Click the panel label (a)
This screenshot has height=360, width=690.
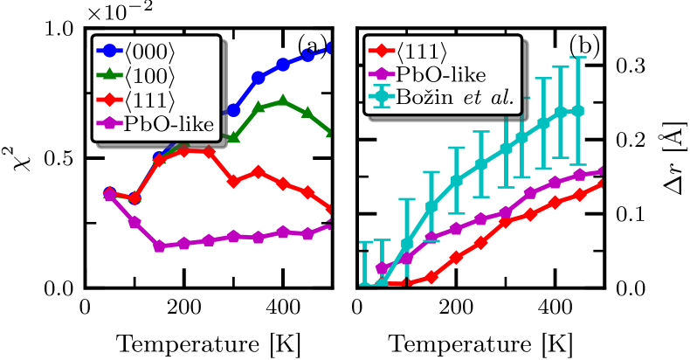(x=312, y=44)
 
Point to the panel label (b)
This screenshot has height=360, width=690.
(x=584, y=44)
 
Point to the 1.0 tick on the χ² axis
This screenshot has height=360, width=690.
(x=63, y=29)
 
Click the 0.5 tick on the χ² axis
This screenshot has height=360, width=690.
(x=63, y=159)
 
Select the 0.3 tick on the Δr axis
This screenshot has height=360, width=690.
(x=631, y=66)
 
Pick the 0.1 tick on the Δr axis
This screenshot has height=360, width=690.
(x=631, y=214)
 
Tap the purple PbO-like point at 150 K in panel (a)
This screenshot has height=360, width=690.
(x=135, y=246)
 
